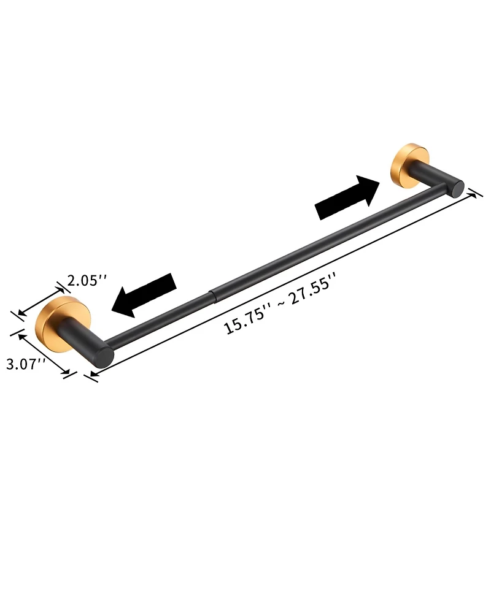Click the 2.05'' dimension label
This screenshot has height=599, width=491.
point(87,281)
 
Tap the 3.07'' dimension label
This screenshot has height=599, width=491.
point(26,364)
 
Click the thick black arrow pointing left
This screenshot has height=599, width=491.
point(145,294)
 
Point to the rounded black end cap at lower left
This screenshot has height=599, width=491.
point(103,357)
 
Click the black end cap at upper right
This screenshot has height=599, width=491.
point(455,186)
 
